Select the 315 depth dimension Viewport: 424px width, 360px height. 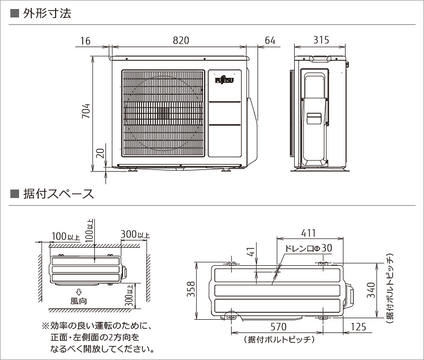321,40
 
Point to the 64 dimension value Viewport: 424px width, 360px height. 270,40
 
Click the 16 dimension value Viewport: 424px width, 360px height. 86,40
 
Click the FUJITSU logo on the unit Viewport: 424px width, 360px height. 224,80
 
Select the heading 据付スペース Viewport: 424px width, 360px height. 58,193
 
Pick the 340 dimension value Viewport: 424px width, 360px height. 371,290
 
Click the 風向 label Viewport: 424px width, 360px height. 79,301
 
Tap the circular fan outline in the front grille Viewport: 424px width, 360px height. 163,113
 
